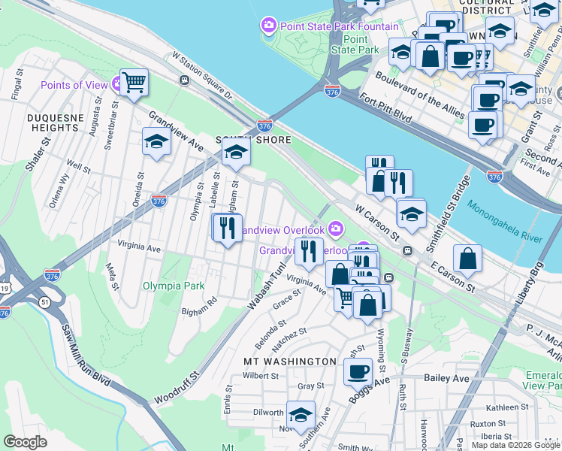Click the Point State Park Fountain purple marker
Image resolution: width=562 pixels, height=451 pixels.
[268, 27]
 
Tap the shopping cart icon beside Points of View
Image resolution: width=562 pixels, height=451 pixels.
[134, 82]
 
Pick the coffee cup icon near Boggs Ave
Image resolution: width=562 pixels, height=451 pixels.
[358, 371]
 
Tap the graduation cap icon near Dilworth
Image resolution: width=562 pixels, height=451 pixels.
[301, 415]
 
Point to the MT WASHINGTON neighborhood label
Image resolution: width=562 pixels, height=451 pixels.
[290, 362]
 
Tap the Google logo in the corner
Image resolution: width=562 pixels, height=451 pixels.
[26, 442]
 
